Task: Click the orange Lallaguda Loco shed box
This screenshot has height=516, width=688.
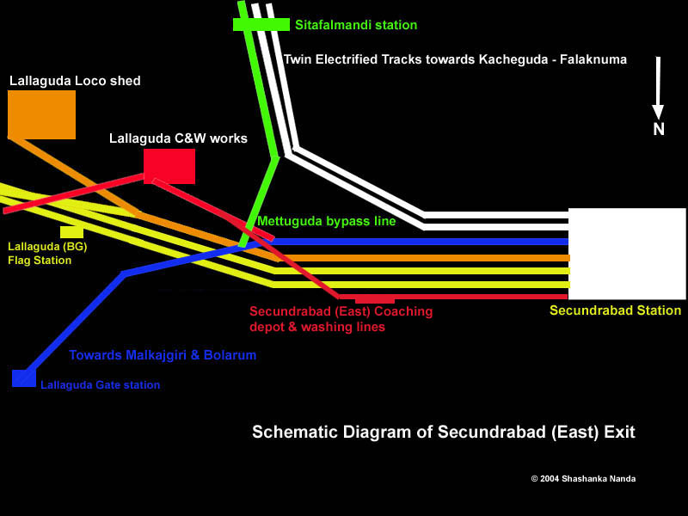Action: click(x=41, y=114)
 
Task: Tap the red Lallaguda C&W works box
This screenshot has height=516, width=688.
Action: click(x=169, y=166)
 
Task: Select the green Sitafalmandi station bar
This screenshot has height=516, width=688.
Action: click(x=261, y=24)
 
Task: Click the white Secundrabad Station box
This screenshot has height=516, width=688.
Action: click(x=627, y=254)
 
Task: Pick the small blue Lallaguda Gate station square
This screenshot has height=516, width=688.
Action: click(x=23, y=378)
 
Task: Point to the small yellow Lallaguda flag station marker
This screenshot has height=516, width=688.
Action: click(x=71, y=232)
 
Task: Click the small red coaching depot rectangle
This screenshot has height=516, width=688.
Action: click(x=375, y=299)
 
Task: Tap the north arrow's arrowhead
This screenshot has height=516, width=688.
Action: click(x=658, y=112)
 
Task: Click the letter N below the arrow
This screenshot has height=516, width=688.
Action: click(x=658, y=130)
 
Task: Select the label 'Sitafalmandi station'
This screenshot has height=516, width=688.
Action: click(x=356, y=25)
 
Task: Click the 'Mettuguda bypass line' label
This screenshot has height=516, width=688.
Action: click(x=326, y=221)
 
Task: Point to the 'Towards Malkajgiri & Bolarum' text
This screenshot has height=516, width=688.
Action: click(x=163, y=355)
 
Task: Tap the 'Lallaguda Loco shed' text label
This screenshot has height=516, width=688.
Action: click(x=75, y=81)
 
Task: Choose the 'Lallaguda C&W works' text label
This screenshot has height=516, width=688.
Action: click(x=178, y=138)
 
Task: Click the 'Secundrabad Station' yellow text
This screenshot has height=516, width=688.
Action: click(x=615, y=310)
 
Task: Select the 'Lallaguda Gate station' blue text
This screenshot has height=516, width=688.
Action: click(x=100, y=385)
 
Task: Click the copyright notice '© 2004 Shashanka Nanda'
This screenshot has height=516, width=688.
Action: click(x=583, y=478)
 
